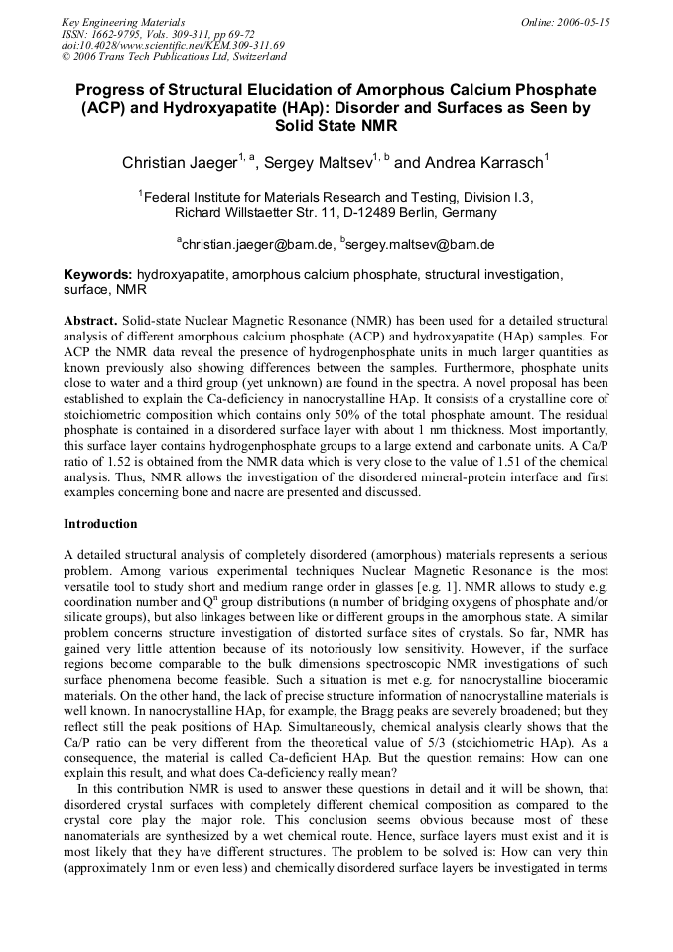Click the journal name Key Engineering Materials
122,22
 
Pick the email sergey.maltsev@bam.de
421,244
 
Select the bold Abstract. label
90,322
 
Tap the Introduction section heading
100,523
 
